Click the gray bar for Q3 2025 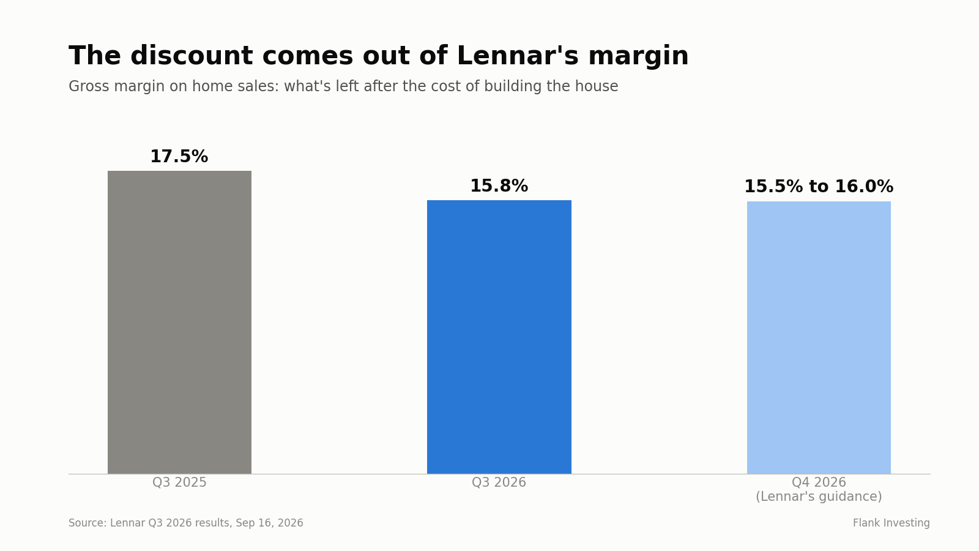click(x=180, y=322)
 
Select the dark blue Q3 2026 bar click(x=499, y=337)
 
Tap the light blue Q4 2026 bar click(x=819, y=337)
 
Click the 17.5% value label click(x=179, y=157)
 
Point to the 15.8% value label click(x=499, y=186)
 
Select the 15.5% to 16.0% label click(x=819, y=187)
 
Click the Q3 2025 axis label click(x=179, y=482)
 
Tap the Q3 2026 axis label click(x=499, y=482)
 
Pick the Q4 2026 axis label click(x=819, y=482)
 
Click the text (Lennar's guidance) click(x=819, y=497)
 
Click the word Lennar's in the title click(x=518, y=56)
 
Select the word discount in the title click(x=192, y=56)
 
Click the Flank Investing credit click(x=891, y=523)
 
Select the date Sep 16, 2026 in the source click(x=269, y=523)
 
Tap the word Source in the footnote click(x=86, y=523)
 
